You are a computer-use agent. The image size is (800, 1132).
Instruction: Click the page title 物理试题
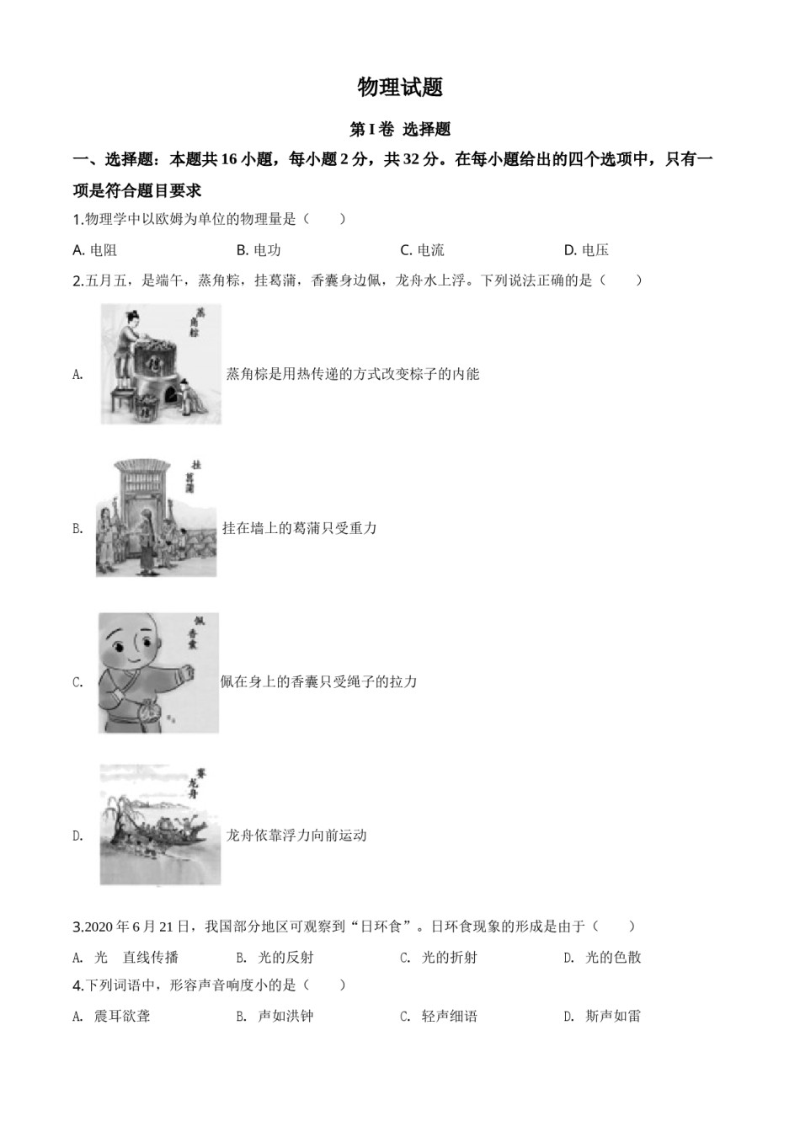(x=400, y=87)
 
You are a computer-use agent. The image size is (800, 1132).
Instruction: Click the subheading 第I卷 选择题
(x=400, y=130)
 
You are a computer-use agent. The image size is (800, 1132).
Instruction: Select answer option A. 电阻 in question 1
(x=95, y=249)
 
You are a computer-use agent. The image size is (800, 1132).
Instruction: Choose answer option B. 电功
(x=259, y=249)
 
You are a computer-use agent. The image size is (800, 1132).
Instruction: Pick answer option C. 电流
(x=422, y=249)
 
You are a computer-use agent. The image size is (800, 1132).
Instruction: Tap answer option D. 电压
(x=586, y=249)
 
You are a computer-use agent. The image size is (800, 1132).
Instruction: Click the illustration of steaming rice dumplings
(x=160, y=363)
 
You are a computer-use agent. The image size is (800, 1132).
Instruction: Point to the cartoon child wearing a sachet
(x=158, y=672)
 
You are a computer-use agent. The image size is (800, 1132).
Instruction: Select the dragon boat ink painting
(x=159, y=825)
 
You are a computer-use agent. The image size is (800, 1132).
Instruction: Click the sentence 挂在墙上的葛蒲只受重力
(x=299, y=528)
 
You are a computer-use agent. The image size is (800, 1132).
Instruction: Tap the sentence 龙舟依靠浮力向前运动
(x=296, y=836)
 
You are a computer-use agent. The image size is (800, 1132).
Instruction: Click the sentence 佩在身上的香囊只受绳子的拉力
(x=318, y=681)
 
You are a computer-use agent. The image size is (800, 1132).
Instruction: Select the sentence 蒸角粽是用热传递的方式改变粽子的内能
(x=353, y=374)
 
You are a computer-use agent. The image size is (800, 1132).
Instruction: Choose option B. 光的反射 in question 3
(x=275, y=957)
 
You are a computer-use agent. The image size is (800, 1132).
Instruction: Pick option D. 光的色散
(x=603, y=957)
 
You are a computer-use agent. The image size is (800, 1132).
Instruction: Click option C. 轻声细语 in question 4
(x=439, y=1016)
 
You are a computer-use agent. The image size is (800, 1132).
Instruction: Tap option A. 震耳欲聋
(x=112, y=1016)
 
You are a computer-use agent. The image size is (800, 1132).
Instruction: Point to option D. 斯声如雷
(x=603, y=1016)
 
